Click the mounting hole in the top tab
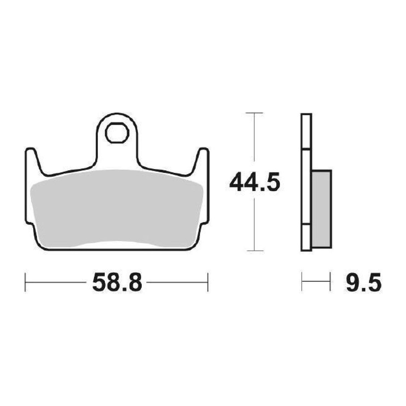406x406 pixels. coord(116,133)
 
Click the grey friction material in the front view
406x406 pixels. coord(117,207)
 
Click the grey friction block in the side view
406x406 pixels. coord(322,209)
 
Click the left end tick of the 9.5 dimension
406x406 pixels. coord(302,282)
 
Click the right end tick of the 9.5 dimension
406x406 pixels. coord(330,282)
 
